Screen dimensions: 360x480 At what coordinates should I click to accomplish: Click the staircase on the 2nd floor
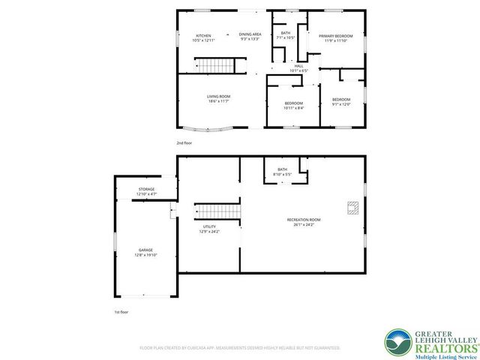point(216,67)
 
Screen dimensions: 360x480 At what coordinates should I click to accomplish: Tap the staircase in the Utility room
point(217,211)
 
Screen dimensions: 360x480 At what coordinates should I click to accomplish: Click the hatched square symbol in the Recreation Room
point(352,208)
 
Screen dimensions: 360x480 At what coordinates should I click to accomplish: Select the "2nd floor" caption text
point(184,142)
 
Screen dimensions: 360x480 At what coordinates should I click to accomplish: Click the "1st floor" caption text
point(121,312)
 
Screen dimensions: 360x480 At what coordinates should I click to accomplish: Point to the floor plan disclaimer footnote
point(240,348)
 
